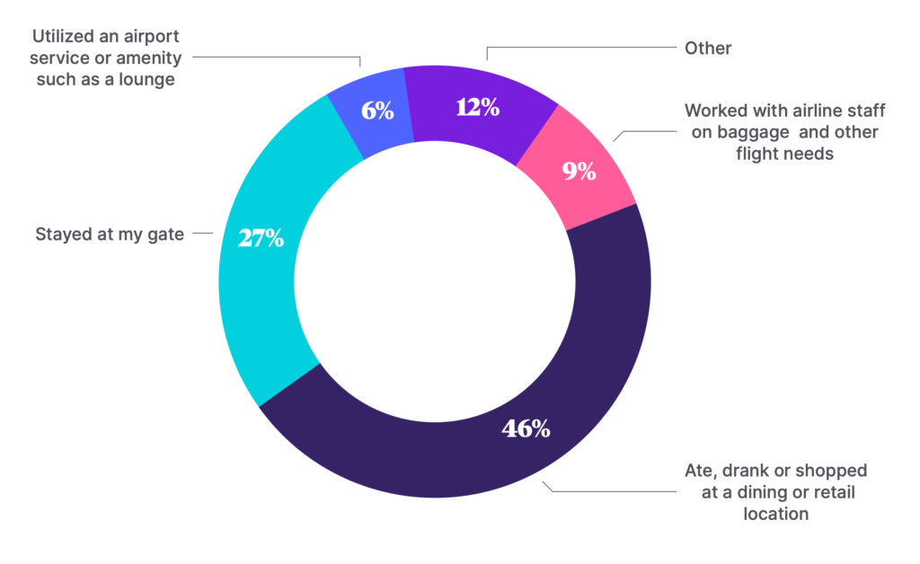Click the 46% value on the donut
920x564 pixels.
point(526,428)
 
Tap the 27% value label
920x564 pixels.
point(261,238)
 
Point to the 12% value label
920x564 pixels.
point(477,108)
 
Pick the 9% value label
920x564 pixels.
point(579,172)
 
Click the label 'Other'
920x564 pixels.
point(708,48)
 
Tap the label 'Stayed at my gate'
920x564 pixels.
point(109,235)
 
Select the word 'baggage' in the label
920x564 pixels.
point(756,132)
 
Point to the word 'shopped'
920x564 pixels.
point(836,471)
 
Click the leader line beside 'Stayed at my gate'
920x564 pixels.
point(202,234)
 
